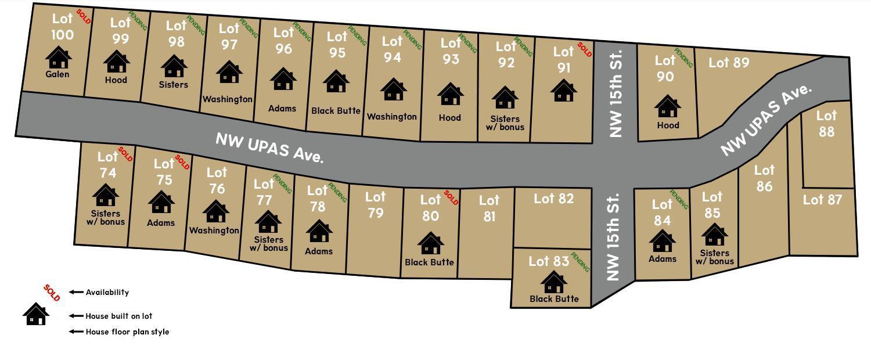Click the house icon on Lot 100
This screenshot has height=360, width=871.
tap(58, 57)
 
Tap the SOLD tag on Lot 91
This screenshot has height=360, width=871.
tap(584, 51)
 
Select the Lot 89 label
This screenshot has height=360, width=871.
tap(729, 63)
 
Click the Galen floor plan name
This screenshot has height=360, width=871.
tap(57, 74)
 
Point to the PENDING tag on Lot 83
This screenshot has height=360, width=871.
tap(580, 262)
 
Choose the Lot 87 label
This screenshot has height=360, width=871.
tap(822, 200)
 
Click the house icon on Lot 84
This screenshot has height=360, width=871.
tap(662, 241)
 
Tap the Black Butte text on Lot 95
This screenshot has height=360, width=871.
tap(336, 110)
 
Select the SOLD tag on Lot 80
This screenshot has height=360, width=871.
tap(451, 198)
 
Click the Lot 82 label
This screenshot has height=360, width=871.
tap(553, 199)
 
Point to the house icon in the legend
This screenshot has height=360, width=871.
tap(36, 314)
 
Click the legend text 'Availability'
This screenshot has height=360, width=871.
tap(107, 292)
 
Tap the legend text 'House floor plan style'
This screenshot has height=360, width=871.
tap(127, 332)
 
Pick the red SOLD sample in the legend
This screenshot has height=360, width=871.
tap(52, 293)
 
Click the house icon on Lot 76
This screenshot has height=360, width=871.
tap(215, 211)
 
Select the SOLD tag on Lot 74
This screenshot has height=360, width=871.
tap(125, 154)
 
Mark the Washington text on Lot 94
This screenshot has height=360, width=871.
tap(391, 117)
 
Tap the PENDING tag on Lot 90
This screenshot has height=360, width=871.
tap(684, 58)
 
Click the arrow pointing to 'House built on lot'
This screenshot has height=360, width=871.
tap(76, 316)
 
